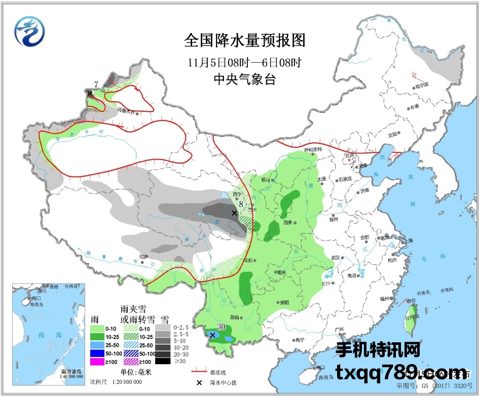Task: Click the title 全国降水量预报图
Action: point(245,41)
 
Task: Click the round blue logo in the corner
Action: point(29,31)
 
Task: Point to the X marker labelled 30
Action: point(213,335)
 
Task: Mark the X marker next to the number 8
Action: point(234,213)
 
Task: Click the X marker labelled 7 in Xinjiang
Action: point(90,93)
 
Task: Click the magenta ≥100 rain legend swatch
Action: point(103,362)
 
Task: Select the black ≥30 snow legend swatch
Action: point(163,361)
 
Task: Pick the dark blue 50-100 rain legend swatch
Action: point(103,353)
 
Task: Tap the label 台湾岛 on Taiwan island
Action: point(414,317)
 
